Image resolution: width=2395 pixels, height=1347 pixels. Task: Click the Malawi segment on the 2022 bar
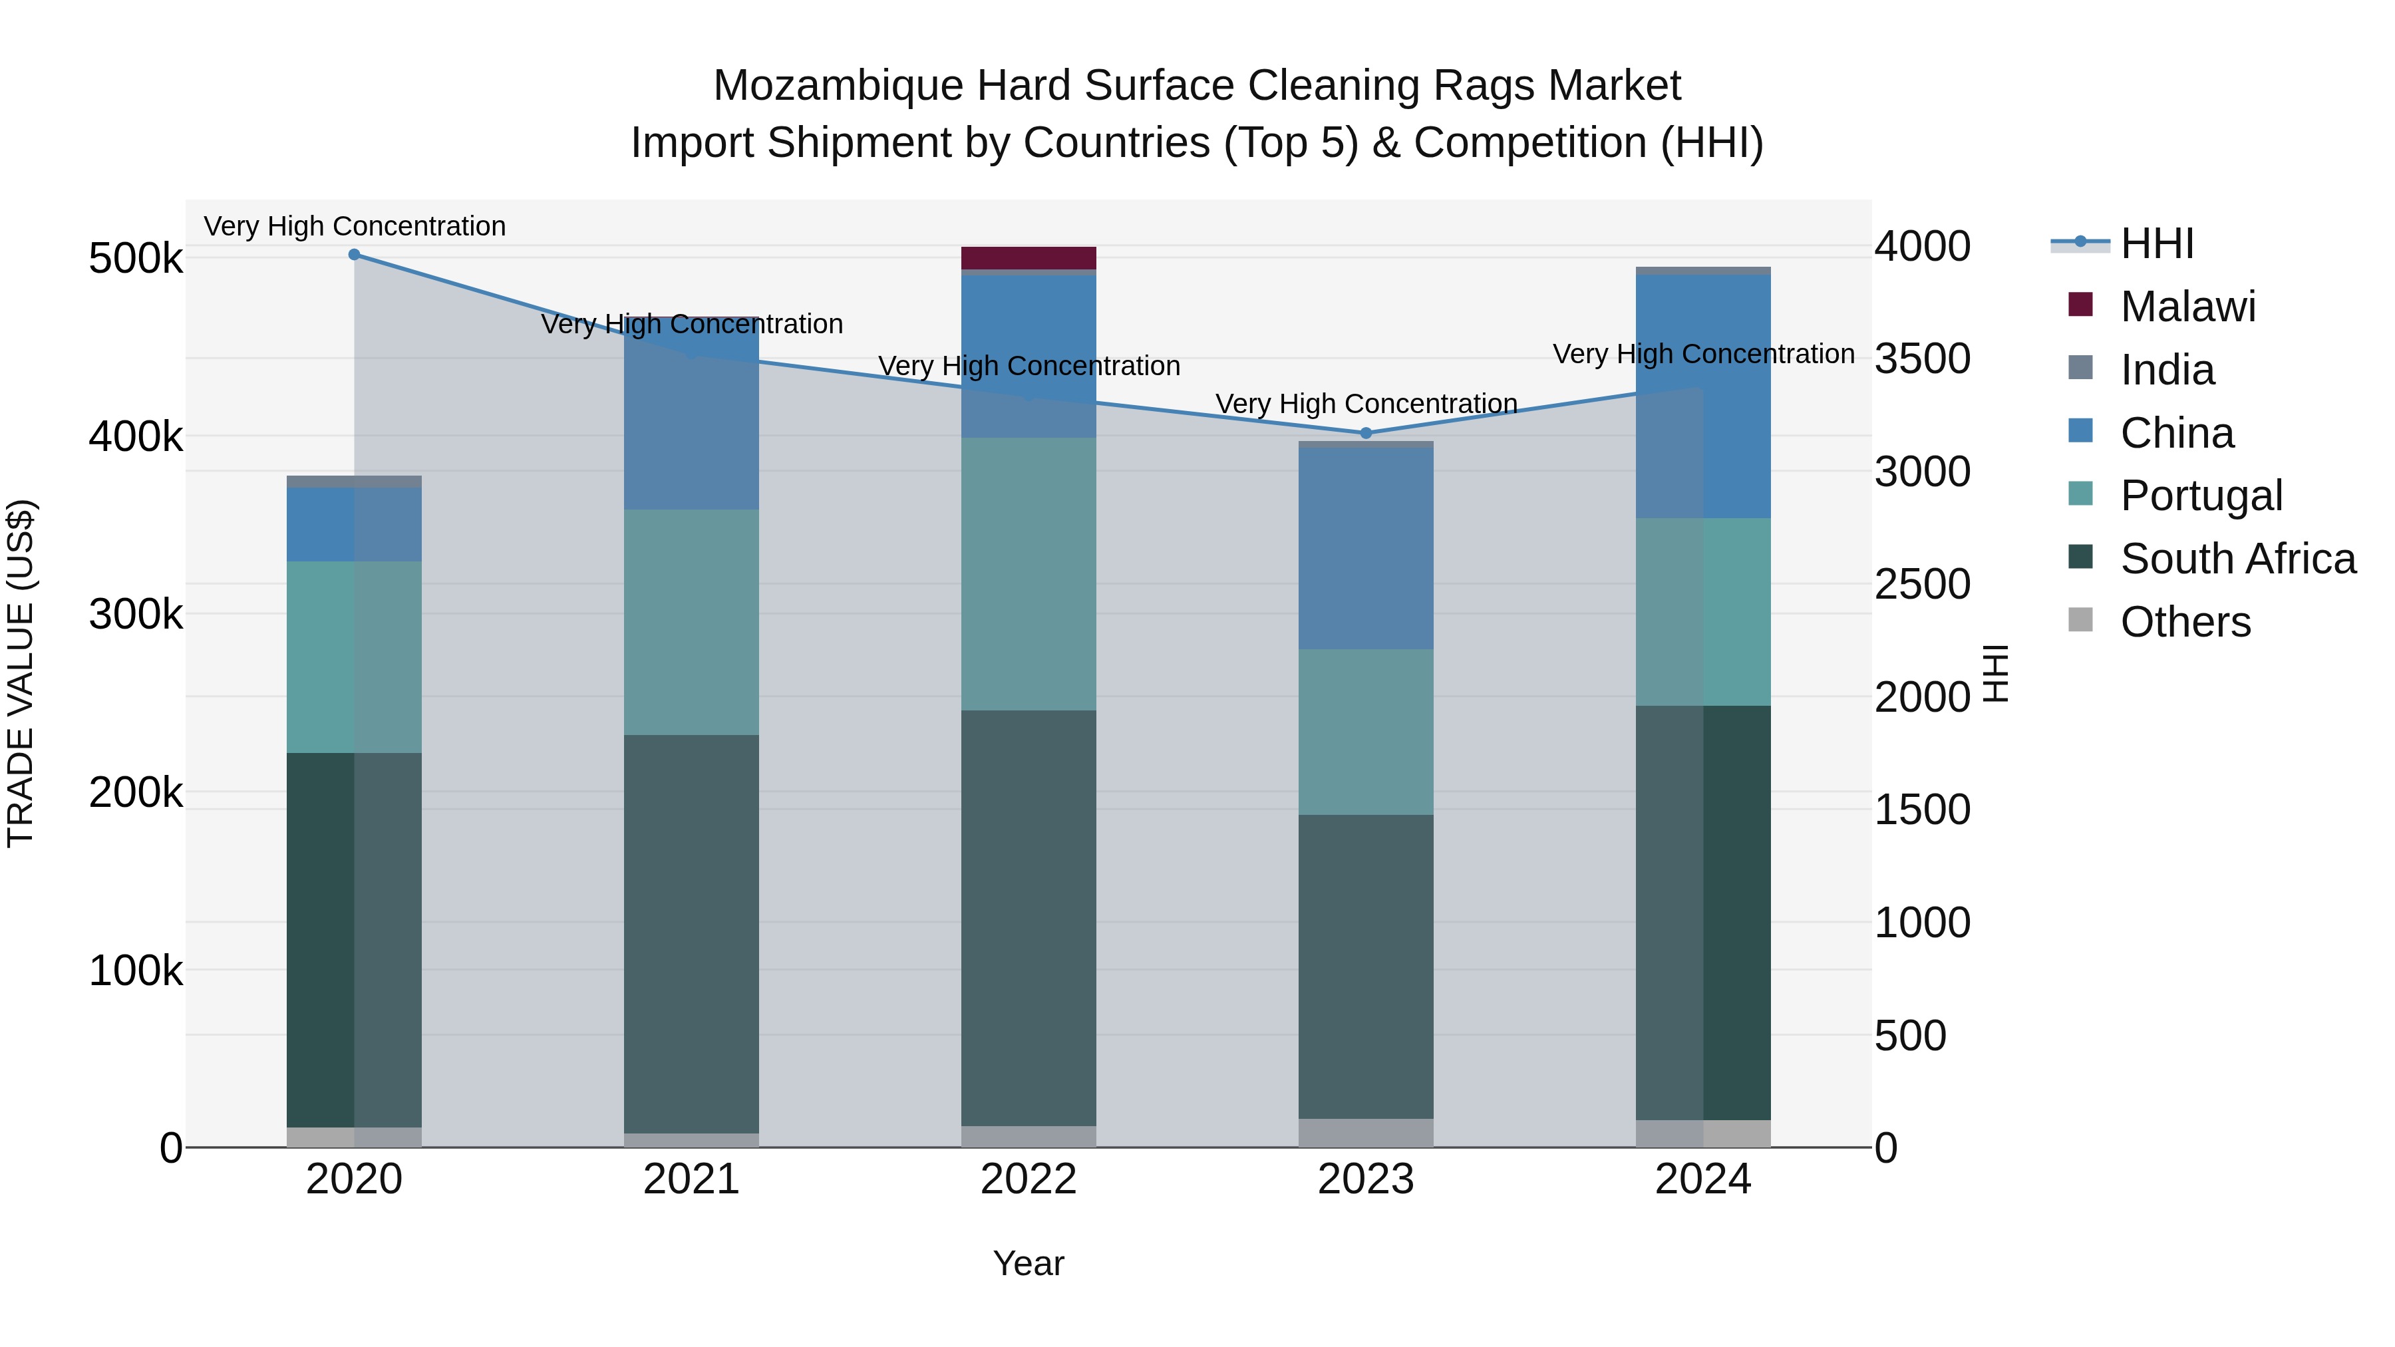[x=1029, y=257]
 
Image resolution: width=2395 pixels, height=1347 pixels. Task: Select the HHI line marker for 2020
[x=354, y=254]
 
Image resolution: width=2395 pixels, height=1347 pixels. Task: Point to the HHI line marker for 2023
[x=1366, y=433]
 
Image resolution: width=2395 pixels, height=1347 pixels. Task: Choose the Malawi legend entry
[x=2187, y=307]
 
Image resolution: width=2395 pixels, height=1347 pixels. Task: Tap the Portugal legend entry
[x=2201, y=496]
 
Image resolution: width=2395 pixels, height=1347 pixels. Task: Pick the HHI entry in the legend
[x=2157, y=243]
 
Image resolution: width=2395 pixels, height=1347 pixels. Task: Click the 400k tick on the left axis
[x=136, y=436]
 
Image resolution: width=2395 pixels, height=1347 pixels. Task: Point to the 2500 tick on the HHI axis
[x=1922, y=585]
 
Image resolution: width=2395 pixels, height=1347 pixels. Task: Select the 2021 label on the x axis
[x=691, y=1179]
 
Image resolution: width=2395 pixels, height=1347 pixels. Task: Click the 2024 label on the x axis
[x=1702, y=1179]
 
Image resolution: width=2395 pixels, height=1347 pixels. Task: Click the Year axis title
[x=1029, y=1263]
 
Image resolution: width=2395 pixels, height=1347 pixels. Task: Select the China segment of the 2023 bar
[x=1366, y=549]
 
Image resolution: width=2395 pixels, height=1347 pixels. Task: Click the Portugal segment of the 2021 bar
[x=691, y=622]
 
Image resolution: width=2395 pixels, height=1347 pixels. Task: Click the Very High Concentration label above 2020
[x=354, y=227]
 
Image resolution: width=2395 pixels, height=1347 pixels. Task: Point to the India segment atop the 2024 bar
[x=1702, y=271]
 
